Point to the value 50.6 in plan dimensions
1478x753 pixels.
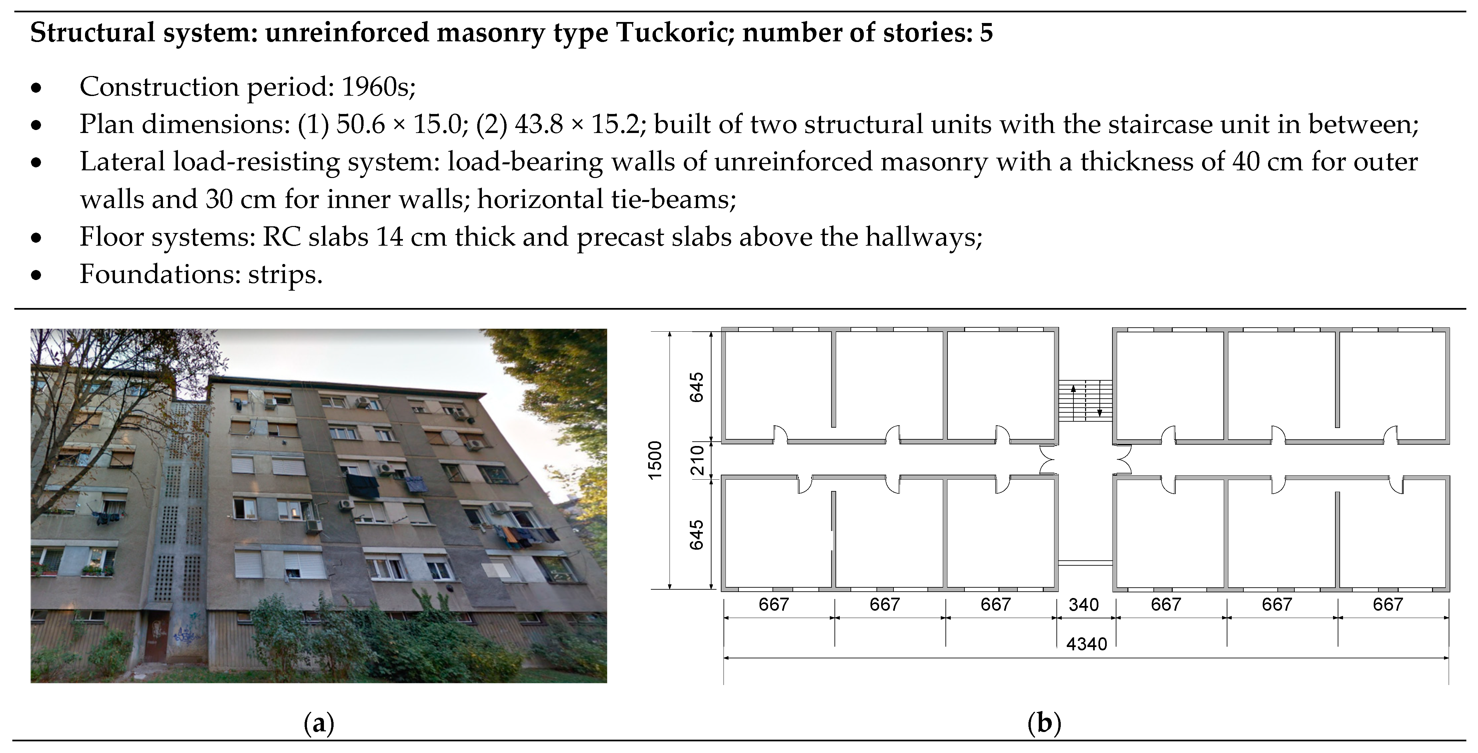pos(360,124)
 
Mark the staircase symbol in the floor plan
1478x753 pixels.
pos(1085,401)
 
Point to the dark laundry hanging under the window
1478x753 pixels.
pos(362,486)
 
